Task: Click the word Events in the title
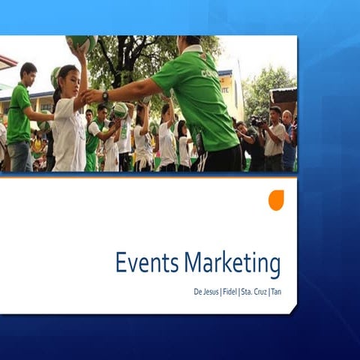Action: coord(147,264)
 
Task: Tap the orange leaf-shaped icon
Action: coord(276,200)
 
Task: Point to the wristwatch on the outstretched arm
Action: coord(106,96)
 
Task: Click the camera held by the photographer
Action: coord(257,121)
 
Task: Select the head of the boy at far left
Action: coord(28,73)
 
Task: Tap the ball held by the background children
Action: coord(119,111)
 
